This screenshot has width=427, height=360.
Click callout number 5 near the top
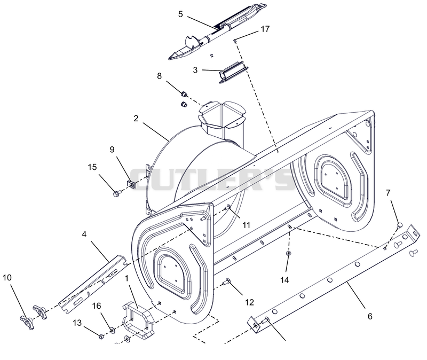point(180,14)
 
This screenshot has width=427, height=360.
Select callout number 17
point(265,29)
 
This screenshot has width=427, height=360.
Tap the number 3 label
point(195,70)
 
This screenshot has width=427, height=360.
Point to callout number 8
point(159,76)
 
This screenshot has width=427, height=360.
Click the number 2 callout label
point(136,118)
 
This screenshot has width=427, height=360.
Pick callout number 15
point(92,167)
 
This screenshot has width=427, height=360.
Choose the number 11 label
point(246,225)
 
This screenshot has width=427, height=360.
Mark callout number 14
point(284,279)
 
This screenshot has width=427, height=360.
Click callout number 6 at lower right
point(369,316)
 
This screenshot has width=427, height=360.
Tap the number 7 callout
point(388,193)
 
